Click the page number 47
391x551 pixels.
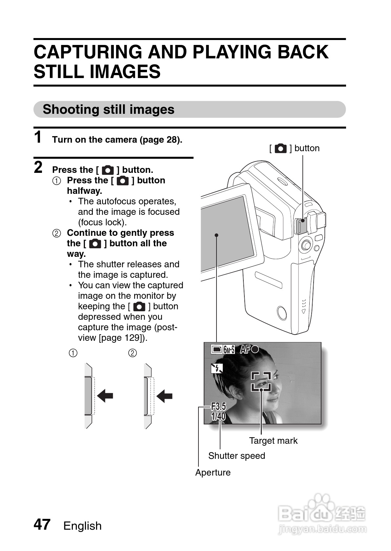pyautogui.click(x=42, y=524)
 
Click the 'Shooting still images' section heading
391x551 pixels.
pyautogui.click(x=108, y=110)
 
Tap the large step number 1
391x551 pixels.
pyautogui.click(x=38, y=137)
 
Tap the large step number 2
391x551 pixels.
pyautogui.click(x=38, y=167)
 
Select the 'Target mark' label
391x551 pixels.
pyautogui.click(x=273, y=440)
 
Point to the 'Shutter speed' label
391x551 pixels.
pyautogui.click(x=237, y=456)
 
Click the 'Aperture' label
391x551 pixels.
pyautogui.click(x=213, y=472)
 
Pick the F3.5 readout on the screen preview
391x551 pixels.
pyautogui.click(x=218, y=407)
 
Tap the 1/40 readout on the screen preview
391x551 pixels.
pyautogui.click(x=218, y=417)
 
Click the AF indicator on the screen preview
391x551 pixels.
pyautogui.click(x=249, y=350)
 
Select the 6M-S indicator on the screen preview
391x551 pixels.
pyautogui.click(x=229, y=350)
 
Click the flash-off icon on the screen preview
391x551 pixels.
pyautogui.click(x=217, y=368)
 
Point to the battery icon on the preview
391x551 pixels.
pyautogui.click(x=216, y=350)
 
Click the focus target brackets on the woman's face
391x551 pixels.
pyautogui.click(x=261, y=381)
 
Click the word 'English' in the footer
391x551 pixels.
pyautogui.click(x=82, y=526)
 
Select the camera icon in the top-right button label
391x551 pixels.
pyautogui.click(x=280, y=149)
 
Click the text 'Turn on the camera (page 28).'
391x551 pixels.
pyautogui.click(x=117, y=140)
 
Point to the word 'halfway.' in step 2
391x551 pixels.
pyautogui.click(x=84, y=191)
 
